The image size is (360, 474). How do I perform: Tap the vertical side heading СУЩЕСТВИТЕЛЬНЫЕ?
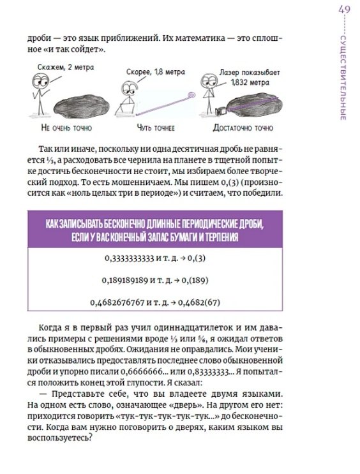pyautogui.click(x=343, y=78)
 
